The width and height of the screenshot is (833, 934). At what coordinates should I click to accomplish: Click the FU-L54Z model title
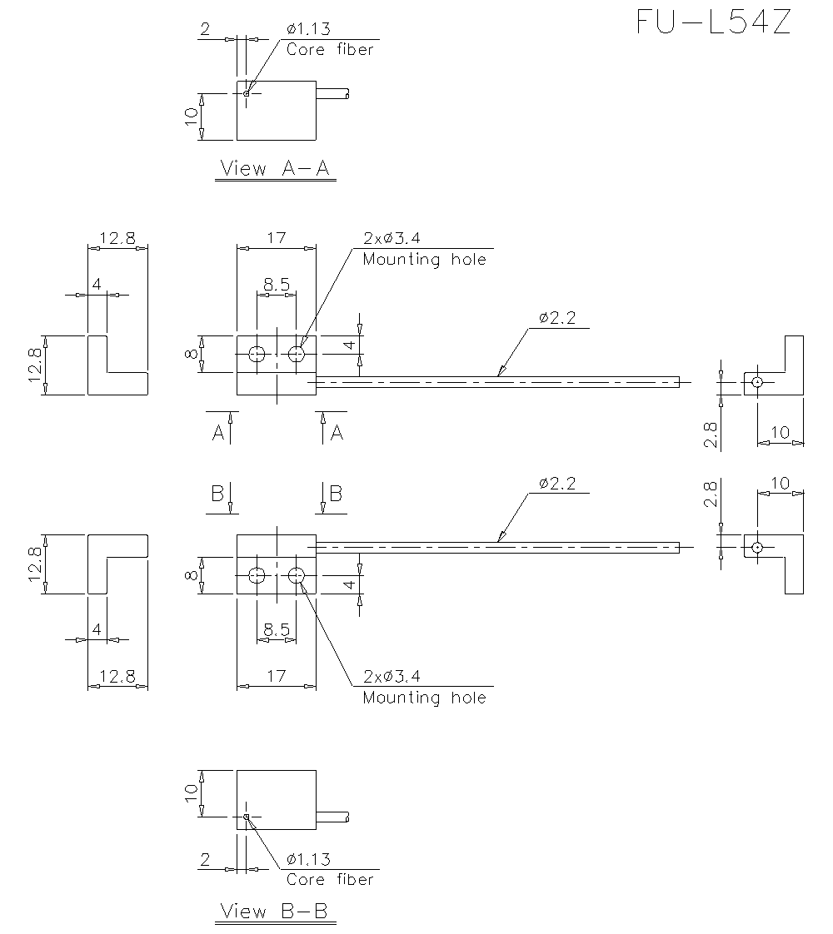(x=713, y=22)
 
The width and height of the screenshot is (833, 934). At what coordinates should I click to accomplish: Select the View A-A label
(x=275, y=169)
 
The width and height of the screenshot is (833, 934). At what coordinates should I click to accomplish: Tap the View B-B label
(x=275, y=912)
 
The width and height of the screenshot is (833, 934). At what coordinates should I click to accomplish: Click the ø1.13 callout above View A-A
(x=307, y=30)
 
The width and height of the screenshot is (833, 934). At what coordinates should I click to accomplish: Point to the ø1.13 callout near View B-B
(x=307, y=860)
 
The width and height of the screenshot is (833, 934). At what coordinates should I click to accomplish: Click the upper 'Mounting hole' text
(x=424, y=259)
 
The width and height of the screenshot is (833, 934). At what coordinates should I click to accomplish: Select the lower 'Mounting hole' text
(x=424, y=697)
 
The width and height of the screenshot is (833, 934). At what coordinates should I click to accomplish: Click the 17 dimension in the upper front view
(x=276, y=239)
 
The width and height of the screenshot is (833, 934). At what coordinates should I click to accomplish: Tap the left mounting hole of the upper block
(x=257, y=355)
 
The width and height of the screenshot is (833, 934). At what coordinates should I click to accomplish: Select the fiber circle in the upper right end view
(x=756, y=383)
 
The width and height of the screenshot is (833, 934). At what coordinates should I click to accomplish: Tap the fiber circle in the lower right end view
(x=756, y=547)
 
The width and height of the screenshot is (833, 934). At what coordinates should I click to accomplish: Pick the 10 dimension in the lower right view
(x=781, y=484)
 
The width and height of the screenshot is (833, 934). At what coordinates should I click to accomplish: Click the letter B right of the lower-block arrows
(x=336, y=493)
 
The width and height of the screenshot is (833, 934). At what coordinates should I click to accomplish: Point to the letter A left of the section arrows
(x=217, y=433)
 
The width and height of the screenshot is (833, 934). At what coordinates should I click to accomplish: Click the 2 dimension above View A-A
(x=205, y=30)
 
